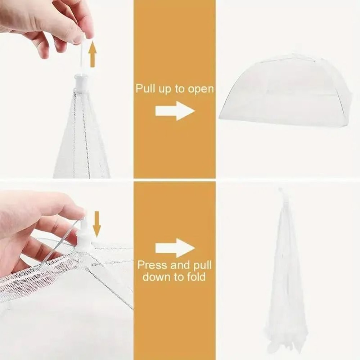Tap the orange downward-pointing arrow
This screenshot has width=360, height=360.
tap(96, 224)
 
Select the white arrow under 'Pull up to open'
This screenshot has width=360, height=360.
tap(175, 111)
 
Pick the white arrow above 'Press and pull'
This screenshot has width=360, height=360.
tap(175, 248)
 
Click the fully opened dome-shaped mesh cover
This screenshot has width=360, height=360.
tap(284, 92)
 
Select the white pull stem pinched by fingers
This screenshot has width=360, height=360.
tap(82, 54)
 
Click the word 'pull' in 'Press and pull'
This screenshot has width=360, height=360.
tap(203, 266)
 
